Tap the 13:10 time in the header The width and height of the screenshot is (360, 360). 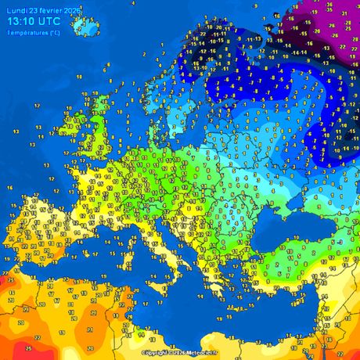click(23, 21)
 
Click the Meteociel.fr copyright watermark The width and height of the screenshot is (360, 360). click(181, 353)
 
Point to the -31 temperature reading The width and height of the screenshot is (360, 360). click(344, 13)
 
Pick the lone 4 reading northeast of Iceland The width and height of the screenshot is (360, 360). click(134, 4)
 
